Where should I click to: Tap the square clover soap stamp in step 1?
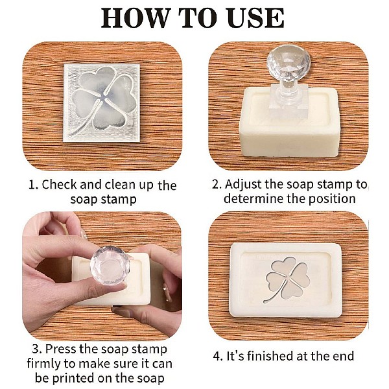[x=102, y=103]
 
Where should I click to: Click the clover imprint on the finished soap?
[x=287, y=279]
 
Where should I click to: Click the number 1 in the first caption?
[x=32, y=185]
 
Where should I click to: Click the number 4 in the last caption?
[x=217, y=357]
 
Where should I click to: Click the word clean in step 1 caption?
[x=121, y=185]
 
